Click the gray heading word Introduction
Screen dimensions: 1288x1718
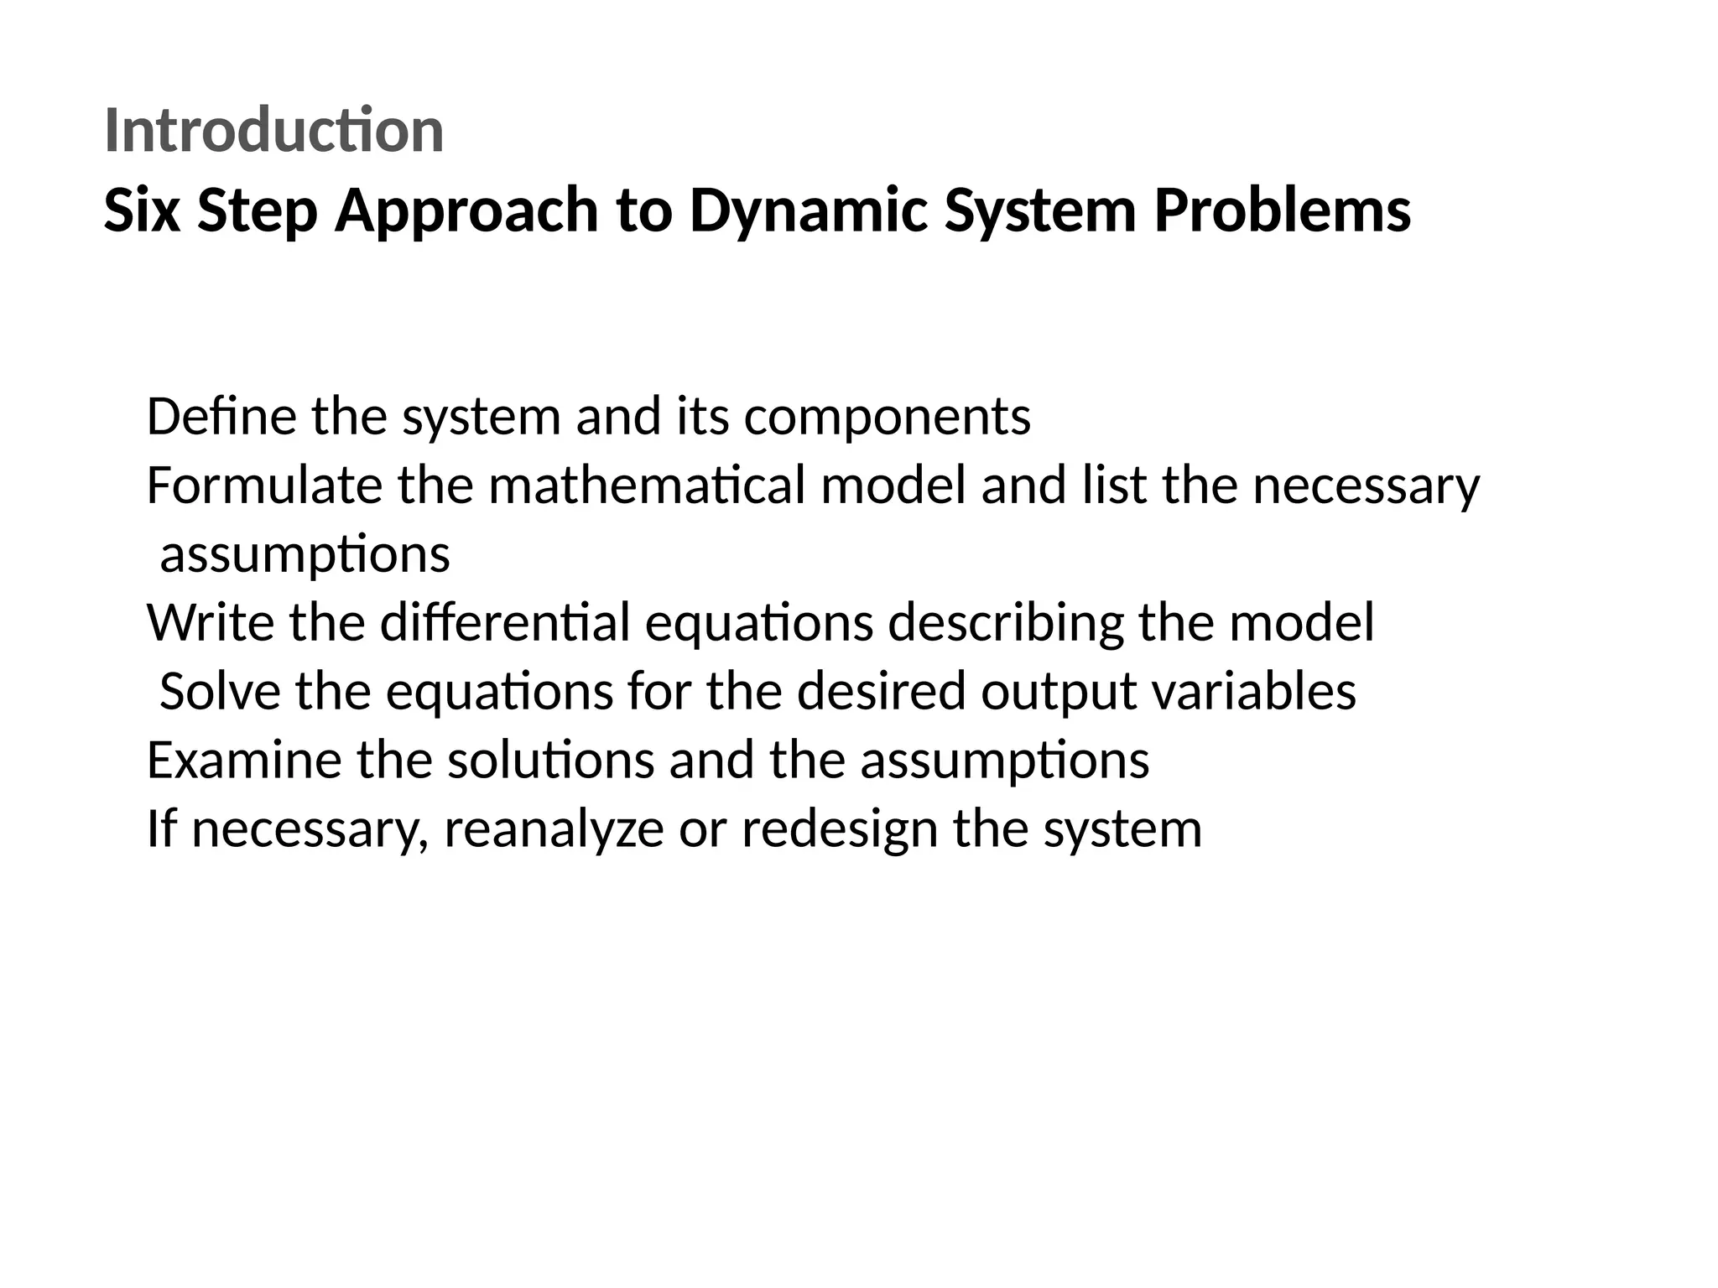pyautogui.click(x=273, y=132)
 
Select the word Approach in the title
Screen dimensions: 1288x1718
pyautogui.click(x=466, y=212)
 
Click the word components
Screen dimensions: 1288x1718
pyautogui.click(x=887, y=418)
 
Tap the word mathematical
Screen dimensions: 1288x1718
pyautogui.click(x=648, y=486)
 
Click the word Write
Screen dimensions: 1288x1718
pyautogui.click(x=211, y=623)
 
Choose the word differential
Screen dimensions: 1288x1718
pyautogui.click(x=505, y=623)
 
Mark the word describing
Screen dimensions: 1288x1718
pyautogui.click(x=1005, y=625)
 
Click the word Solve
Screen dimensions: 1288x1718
pyautogui.click(x=220, y=692)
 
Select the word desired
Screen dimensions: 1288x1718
pyautogui.click(x=881, y=692)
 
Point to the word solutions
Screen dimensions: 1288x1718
pyautogui.click(x=550, y=761)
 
